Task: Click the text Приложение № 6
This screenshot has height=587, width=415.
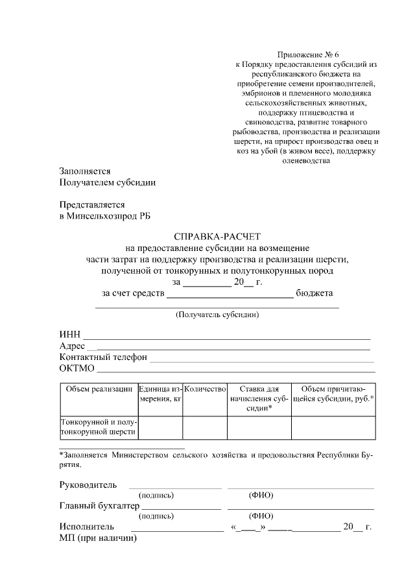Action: pyautogui.click(x=303, y=54)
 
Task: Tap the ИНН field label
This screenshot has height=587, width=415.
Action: pyautogui.click(x=70, y=334)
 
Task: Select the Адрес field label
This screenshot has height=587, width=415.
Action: pyautogui.click(x=72, y=346)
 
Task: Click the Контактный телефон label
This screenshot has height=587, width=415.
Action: pyautogui.click(x=103, y=357)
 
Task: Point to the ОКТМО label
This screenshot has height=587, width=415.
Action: pyautogui.click(x=77, y=369)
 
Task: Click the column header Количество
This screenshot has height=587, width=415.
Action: pyautogui.click(x=204, y=389)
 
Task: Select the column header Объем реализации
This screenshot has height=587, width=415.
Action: pyautogui.click(x=98, y=389)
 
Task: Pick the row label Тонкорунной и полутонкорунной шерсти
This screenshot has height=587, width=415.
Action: pyautogui.click(x=98, y=426)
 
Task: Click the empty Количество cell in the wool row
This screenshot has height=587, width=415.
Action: pyautogui.click(x=204, y=427)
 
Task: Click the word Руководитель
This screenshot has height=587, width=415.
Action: pyautogui.click(x=88, y=485)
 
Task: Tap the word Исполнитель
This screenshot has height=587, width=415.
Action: pyautogui.click(x=87, y=527)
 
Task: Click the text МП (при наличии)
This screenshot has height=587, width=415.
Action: pyautogui.click(x=98, y=538)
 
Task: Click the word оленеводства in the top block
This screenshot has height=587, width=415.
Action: pyautogui.click(x=303, y=162)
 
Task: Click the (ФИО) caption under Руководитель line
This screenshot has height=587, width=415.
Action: pyautogui.click(x=261, y=496)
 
